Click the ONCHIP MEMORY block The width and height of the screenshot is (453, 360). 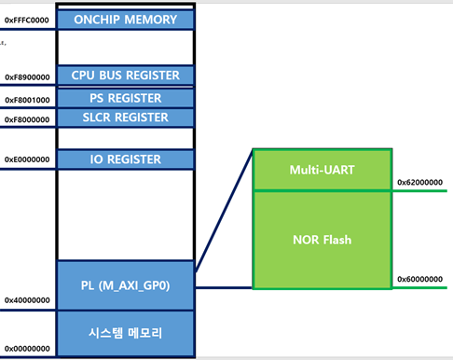[126, 19]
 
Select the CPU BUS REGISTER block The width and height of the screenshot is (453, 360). [126, 76]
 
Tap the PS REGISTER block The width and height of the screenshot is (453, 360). [126, 98]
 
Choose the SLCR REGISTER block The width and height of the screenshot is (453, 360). [126, 118]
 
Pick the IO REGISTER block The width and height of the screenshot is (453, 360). [126, 159]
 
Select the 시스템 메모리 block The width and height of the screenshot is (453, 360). [126, 333]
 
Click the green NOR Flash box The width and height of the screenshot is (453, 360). [322, 239]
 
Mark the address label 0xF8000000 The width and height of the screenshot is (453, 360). [27, 119]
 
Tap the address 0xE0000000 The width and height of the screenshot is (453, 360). [27, 159]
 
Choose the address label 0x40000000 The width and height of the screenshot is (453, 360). [27, 300]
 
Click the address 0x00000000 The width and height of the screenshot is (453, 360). [27, 348]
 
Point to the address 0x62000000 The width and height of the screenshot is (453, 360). [419, 183]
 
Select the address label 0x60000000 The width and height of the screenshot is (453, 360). [419, 279]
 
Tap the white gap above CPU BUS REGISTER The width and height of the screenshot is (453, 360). [126, 47]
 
